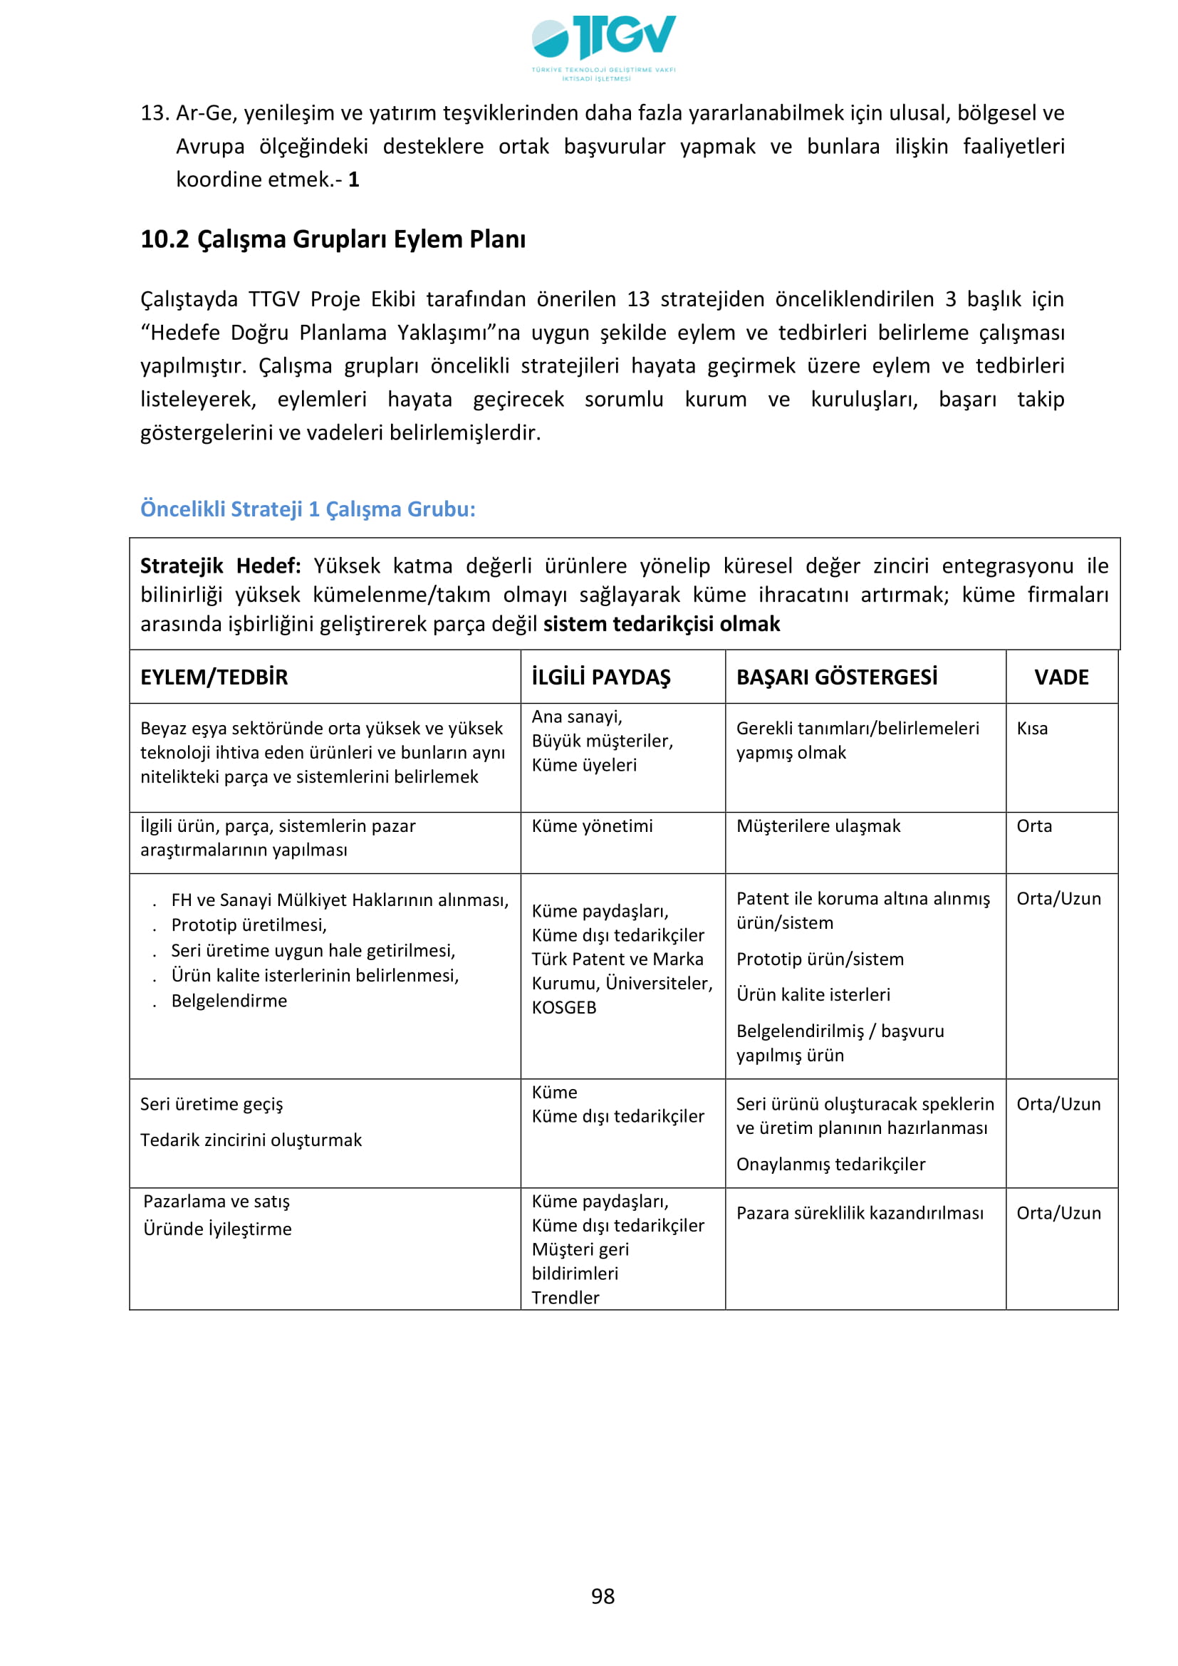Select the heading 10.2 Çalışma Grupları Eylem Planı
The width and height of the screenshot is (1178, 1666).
(333, 239)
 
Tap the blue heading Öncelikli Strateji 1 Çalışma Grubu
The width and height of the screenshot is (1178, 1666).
(308, 509)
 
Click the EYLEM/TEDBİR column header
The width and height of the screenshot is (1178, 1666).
(214, 677)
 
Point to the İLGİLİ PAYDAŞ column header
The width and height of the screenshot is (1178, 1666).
(600, 677)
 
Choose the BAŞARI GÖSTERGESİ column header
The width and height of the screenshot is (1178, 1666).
(836, 677)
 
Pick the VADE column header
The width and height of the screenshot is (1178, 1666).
(1061, 677)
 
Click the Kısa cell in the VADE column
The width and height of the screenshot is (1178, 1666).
(1032, 729)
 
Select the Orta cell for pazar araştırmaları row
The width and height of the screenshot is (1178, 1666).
(1033, 826)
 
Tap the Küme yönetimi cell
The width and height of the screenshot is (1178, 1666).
(592, 826)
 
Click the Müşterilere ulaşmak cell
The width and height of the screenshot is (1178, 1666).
(818, 826)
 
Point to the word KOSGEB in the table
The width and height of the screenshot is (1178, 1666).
(563, 1007)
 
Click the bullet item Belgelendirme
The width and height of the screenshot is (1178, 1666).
(229, 1001)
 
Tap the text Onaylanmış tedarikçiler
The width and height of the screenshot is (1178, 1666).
(830, 1164)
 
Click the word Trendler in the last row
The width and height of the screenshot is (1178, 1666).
(565, 1297)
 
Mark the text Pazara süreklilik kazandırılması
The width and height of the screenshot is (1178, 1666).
(860, 1212)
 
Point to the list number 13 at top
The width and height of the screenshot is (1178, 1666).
(155, 113)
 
